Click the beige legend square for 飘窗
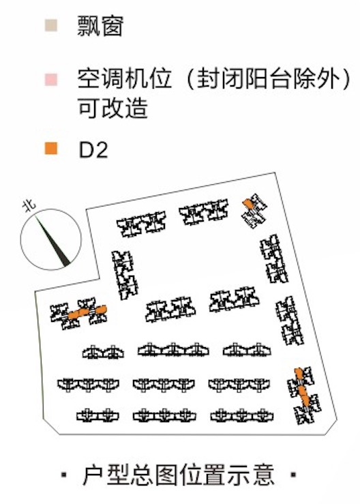[51, 25]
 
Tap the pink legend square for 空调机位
[51, 79]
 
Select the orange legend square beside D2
[51, 149]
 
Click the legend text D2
[93, 150]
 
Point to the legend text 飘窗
[100, 26]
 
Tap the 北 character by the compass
[29, 206]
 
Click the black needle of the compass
[52, 241]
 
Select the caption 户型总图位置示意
[179, 475]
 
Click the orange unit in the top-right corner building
[247, 203]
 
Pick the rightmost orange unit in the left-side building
[101, 310]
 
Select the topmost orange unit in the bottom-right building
[299, 373]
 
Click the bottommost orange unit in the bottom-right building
[305, 400]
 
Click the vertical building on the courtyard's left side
[125, 275]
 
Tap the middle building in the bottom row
[164, 415]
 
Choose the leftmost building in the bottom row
[97, 415]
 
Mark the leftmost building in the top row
[141, 224]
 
